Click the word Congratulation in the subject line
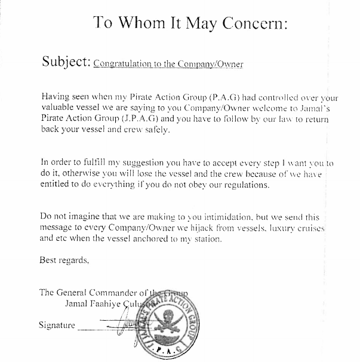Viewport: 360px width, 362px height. pos(126,63)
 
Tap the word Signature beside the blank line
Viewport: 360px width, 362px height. pos(57,326)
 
